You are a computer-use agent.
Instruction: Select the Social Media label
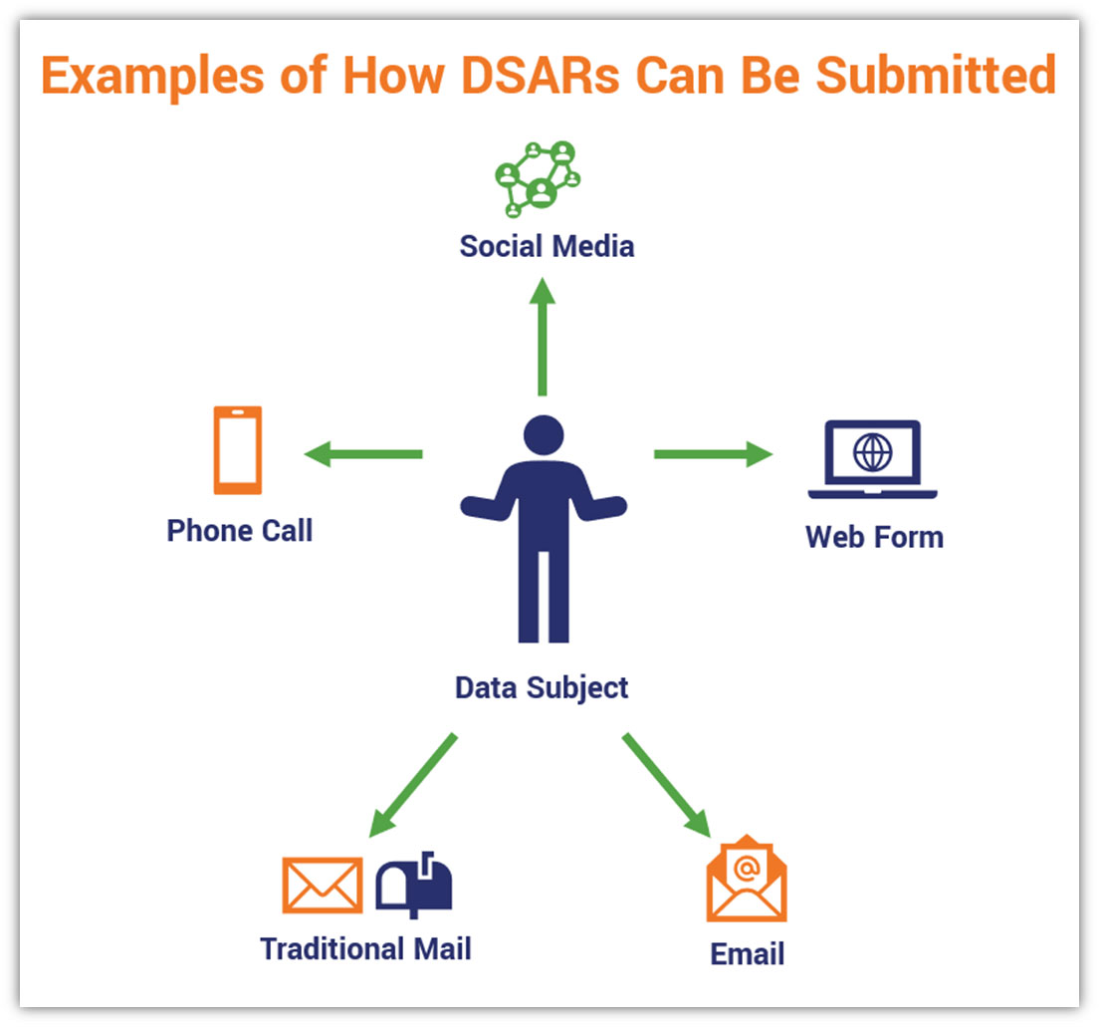pyautogui.click(x=547, y=246)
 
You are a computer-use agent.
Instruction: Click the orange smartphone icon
pyautogui.click(x=238, y=449)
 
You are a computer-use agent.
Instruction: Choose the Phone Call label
pyautogui.click(x=240, y=531)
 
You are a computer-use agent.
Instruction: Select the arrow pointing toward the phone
pyautogui.click(x=362, y=454)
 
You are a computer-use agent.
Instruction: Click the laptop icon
pyautogui.click(x=872, y=460)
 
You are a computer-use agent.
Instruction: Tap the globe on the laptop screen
pyautogui.click(x=873, y=453)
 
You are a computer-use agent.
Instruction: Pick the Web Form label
pyautogui.click(x=874, y=537)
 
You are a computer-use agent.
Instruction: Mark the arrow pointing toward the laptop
pyautogui.click(x=713, y=454)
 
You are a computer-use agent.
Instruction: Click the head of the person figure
pyautogui.click(x=544, y=435)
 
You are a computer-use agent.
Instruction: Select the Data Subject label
pyautogui.click(x=542, y=687)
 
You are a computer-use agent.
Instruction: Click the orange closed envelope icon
pyautogui.click(x=323, y=885)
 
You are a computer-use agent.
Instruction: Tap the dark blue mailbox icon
pyautogui.click(x=414, y=885)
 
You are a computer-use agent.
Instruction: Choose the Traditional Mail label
pyautogui.click(x=365, y=948)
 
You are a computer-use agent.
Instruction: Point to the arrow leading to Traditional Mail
pyautogui.click(x=412, y=785)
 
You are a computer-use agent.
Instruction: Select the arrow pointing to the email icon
pyautogui.click(x=666, y=785)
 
